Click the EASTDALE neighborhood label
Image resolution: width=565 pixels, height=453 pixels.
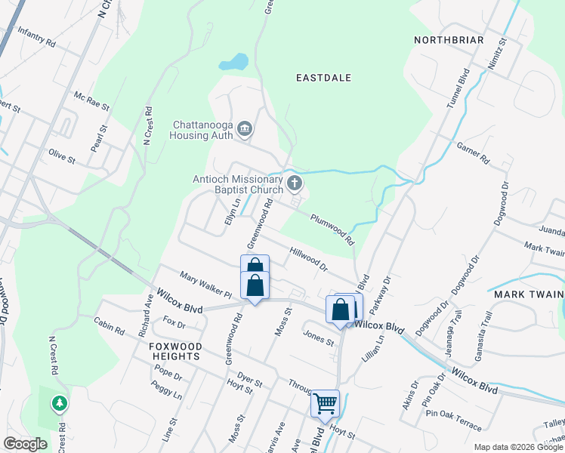coord(324,78)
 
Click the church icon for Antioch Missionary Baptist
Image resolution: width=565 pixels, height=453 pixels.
coord(295,182)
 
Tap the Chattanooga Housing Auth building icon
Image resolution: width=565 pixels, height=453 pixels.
coord(244,129)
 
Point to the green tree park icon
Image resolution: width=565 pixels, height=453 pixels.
coord(60,405)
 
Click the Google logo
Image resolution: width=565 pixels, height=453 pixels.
coord(25,443)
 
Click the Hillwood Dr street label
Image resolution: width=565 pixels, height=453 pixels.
coord(308,259)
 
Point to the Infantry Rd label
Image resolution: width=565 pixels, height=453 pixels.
coord(36,39)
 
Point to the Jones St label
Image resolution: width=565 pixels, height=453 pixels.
coord(319,337)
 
